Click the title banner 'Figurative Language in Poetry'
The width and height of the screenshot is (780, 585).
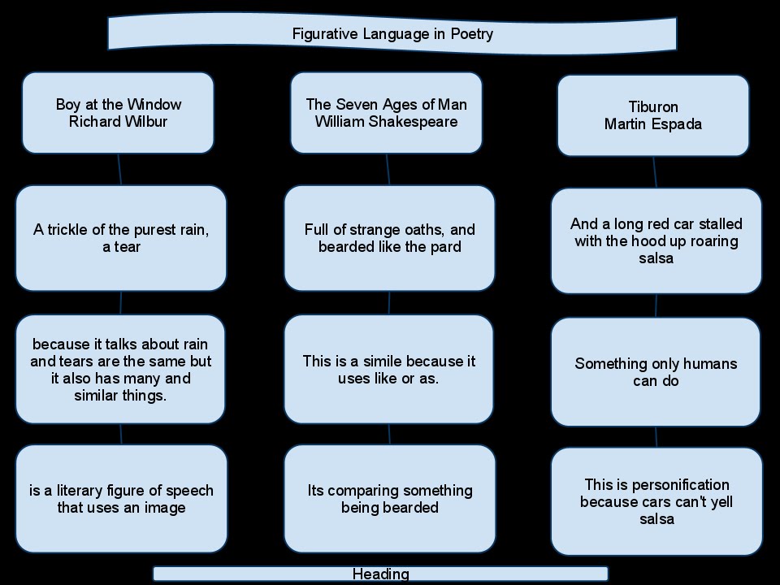(x=392, y=34)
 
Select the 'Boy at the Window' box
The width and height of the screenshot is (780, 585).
(x=118, y=113)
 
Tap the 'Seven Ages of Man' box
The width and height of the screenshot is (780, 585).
(x=386, y=113)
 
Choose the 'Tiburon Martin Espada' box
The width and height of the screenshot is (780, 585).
(x=652, y=115)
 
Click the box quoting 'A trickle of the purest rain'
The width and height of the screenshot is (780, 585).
(x=121, y=238)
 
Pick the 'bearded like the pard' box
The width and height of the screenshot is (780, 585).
(x=389, y=238)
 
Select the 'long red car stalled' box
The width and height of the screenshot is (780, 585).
(x=656, y=240)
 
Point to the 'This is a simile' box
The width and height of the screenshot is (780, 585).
(x=388, y=369)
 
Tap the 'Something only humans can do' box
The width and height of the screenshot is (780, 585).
(x=656, y=371)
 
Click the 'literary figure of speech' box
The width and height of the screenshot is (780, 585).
(x=121, y=499)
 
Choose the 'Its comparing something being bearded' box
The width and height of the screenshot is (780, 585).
(x=389, y=499)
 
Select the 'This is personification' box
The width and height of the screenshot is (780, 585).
(x=656, y=501)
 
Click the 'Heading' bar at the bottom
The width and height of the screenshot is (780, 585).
(x=380, y=574)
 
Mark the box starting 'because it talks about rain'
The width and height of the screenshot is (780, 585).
(x=120, y=369)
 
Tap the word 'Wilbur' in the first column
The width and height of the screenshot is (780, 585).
(x=145, y=122)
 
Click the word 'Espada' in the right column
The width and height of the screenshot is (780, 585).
(x=679, y=124)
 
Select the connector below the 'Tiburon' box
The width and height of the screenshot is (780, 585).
(x=655, y=172)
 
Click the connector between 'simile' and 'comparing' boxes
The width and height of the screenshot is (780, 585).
(x=389, y=434)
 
